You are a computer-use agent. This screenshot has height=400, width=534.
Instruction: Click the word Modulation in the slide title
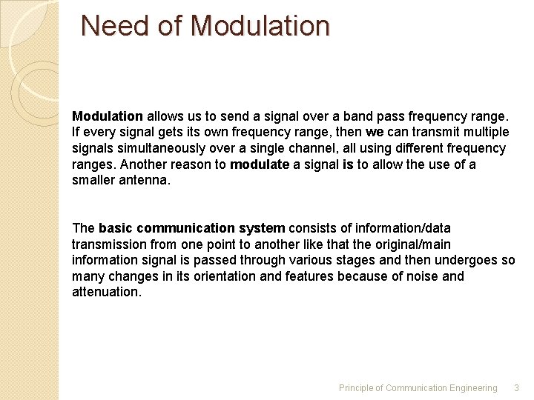point(260,26)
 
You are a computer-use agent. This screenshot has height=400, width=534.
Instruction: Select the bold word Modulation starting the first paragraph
point(108,116)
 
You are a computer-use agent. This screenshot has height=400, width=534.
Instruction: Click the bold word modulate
point(260,164)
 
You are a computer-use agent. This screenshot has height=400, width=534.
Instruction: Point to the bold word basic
point(116,228)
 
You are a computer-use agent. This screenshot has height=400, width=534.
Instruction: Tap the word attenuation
point(105,293)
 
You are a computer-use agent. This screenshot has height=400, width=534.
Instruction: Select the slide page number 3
point(517,388)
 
